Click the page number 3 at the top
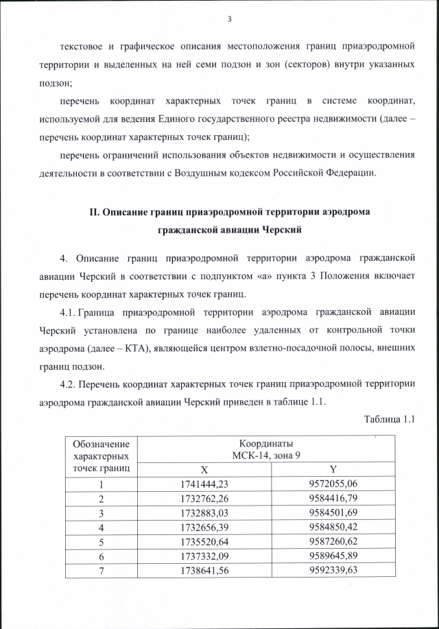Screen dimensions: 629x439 (x=230, y=19)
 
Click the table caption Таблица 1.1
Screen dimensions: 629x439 (x=391, y=419)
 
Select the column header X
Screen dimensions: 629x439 (x=204, y=470)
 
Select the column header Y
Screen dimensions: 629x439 (x=333, y=470)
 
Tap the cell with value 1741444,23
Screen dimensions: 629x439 (x=204, y=484)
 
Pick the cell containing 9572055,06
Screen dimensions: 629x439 (x=333, y=484)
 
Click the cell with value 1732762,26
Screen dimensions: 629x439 (x=204, y=498)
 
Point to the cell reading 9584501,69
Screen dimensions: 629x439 (x=333, y=512)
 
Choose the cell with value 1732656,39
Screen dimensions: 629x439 (x=204, y=527)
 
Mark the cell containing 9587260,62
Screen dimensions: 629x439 (x=333, y=541)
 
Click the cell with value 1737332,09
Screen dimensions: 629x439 (x=204, y=556)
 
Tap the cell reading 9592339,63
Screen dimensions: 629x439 (x=333, y=570)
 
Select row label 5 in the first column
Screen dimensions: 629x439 (x=100, y=541)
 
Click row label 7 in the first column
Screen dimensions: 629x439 (x=100, y=570)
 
